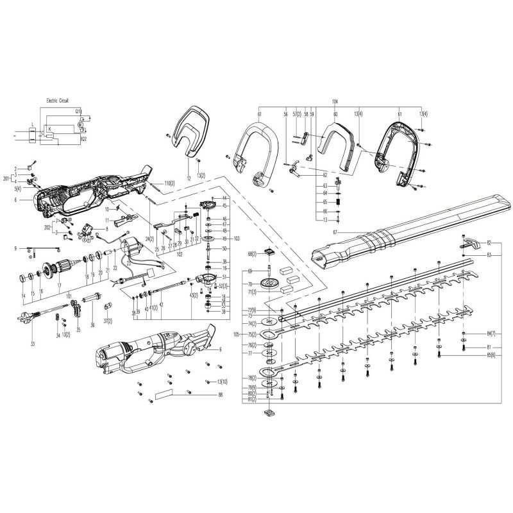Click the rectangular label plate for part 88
[x=165, y=394]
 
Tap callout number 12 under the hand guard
[x=189, y=176]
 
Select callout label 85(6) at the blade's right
[x=491, y=354]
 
